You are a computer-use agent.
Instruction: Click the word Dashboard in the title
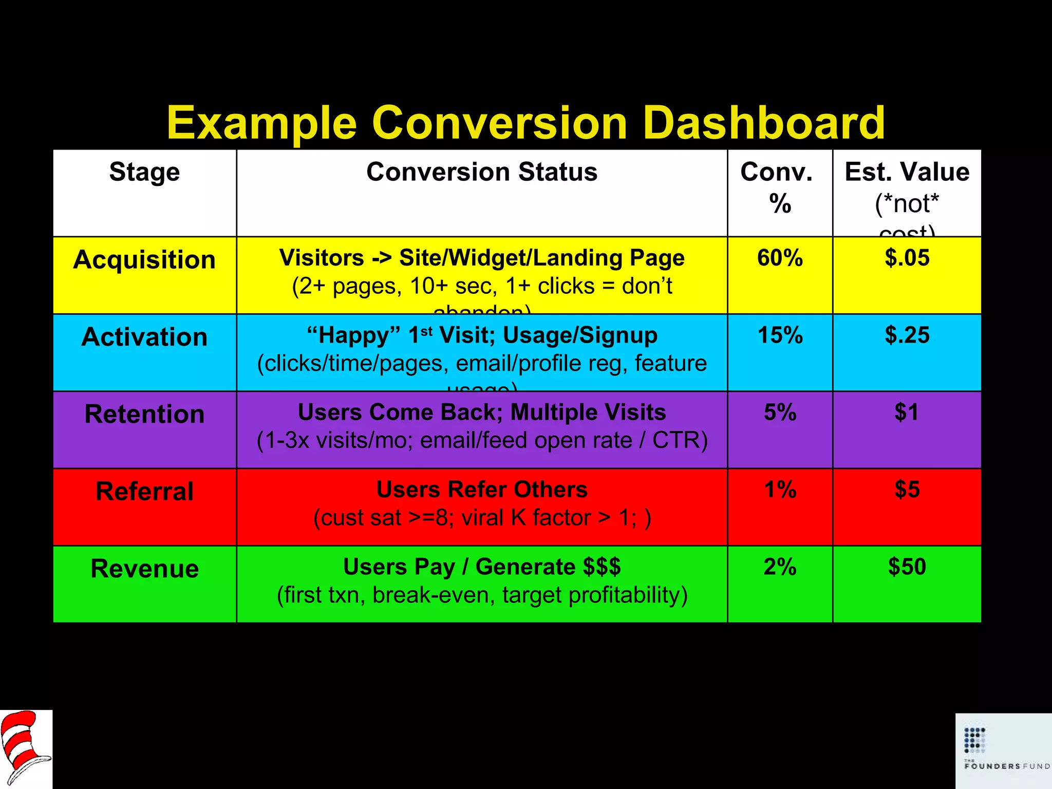[x=764, y=123]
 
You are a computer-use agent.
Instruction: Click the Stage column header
[x=144, y=172]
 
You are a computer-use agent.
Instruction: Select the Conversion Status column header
[x=482, y=172]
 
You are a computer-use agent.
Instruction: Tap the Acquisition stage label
[x=144, y=260]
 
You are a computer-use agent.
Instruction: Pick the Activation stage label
[x=144, y=337]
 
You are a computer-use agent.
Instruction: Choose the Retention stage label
[x=144, y=415]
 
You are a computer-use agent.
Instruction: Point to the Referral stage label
[x=144, y=492]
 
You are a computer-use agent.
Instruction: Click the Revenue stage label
[x=144, y=569]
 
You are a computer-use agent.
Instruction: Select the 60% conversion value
[x=780, y=258]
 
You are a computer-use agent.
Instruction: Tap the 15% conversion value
[x=780, y=335]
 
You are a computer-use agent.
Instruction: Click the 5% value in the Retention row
[x=780, y=412]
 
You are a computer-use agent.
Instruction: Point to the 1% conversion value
[x=780, y=490]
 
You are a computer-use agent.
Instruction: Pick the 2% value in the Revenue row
[x=780, y=567]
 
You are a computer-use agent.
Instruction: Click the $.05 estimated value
[x=907, y=258]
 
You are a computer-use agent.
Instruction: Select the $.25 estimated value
[x=907, y=335]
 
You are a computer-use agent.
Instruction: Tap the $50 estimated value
[x=907, y=567]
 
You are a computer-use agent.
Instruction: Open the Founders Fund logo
[x=1003, y=750]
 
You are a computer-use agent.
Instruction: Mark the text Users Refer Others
[x=482, y=490]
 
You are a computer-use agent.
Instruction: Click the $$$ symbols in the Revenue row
[x=602, y=567]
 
